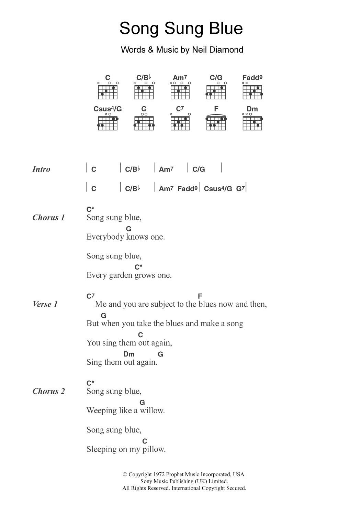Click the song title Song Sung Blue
(181, 29)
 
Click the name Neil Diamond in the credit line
(217, 50)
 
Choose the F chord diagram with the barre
(216, 122)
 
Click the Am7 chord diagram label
(180, 78)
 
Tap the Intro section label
(41, 169)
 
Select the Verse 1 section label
(45, 304)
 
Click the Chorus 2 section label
(48, 391)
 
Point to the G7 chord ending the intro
(240, 188)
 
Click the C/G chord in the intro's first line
(199, 169)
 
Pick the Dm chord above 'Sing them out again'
(129, 354)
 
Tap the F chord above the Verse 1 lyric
(200, 296)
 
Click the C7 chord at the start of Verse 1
(90, 296)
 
